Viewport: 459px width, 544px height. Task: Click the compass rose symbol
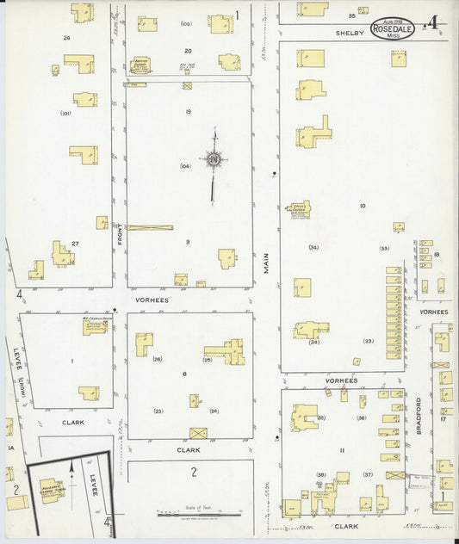tap(213, 158)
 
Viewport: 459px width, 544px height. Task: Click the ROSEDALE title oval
tap(392, 28)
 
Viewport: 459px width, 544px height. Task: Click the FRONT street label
tap(120, 232)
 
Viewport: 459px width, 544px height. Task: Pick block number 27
tap(76, 244)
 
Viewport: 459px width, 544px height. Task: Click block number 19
tap(188, 112)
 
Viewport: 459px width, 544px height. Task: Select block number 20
tap(188, 50)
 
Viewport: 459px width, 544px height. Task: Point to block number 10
tap(363, 206)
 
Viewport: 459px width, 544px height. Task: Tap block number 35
tap(351, 15)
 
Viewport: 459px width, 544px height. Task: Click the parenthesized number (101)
tap(65, 113)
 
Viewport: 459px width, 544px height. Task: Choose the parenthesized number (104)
tap(185, 166)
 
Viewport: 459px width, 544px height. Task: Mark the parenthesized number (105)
tap(186, 24)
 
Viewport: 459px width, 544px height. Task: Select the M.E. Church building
tap(95, 326)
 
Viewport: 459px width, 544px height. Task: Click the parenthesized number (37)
tap(367, 474)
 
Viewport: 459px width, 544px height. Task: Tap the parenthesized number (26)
tap(158, 358)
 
